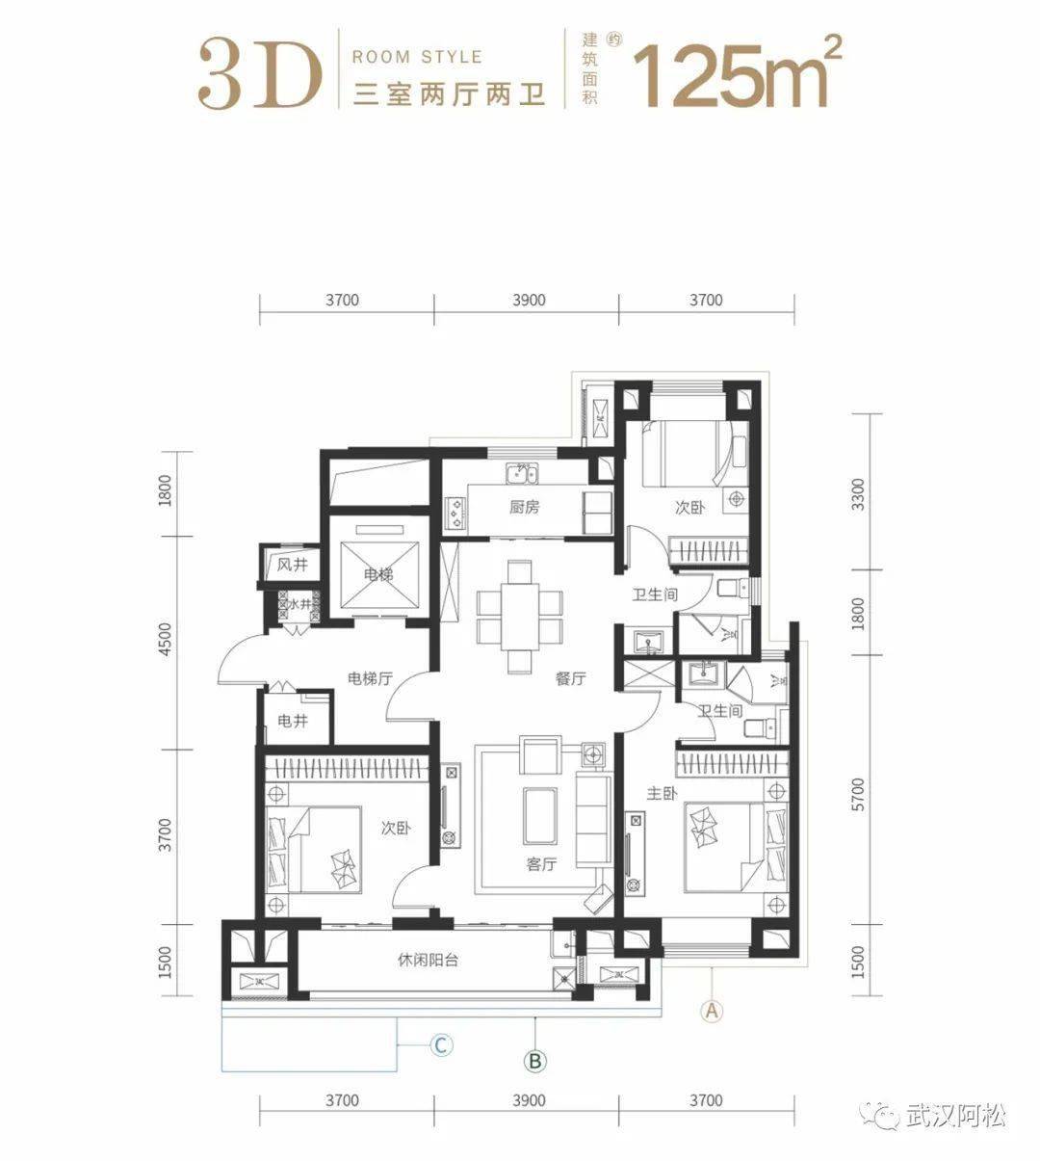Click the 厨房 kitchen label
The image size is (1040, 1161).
(x=524, y=507)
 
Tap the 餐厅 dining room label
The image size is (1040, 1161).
(x=570, y=679)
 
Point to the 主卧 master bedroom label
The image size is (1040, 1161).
(x=662, y=794)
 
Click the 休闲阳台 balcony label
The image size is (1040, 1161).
(x=428, y=960)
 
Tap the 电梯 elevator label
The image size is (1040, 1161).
(x=378, y=574)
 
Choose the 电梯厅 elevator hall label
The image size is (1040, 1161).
(x=370, y=678)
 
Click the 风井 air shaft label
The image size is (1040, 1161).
(x=293, y=565)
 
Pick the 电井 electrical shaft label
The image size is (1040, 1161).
(x=293, y=721)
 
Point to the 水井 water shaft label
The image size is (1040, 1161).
(x=299, y=604)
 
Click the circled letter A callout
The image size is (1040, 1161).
(x=712, y=1011)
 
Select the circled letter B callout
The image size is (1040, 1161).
(x=534, y=1061)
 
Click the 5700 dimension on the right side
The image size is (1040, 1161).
(x=857, y=794)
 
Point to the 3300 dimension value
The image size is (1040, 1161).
(x=857, y=494)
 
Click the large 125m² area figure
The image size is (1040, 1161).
(x=737, y=72)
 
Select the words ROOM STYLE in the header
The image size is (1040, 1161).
(x=418, y=57)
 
